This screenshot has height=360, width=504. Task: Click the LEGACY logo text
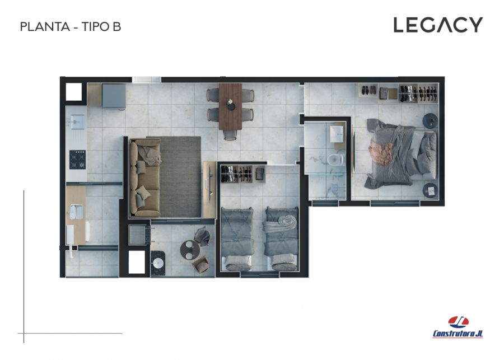pos(438,25)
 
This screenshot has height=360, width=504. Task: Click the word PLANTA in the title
pos(45,27)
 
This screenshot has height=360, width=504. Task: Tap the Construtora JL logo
pos(458,327)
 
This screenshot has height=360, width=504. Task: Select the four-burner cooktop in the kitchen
pos(77,160)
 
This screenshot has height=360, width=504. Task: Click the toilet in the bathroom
pos(335,160)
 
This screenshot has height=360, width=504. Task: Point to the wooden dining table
pos(230,106)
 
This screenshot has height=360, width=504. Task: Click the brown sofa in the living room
pos(144,177)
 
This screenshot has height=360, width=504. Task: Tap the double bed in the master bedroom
pos(401,153)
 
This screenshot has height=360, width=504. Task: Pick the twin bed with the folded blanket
pos(281,238)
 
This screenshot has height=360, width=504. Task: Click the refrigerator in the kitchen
pos(114,96)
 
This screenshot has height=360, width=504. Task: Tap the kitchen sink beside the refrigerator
pos(77,122)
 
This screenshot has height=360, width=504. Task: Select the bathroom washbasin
pos(337,134)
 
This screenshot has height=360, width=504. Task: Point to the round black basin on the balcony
pos(158,263)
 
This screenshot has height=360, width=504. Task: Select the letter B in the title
pos(116,27)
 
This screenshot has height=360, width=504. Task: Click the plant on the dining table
pos(231,102)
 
